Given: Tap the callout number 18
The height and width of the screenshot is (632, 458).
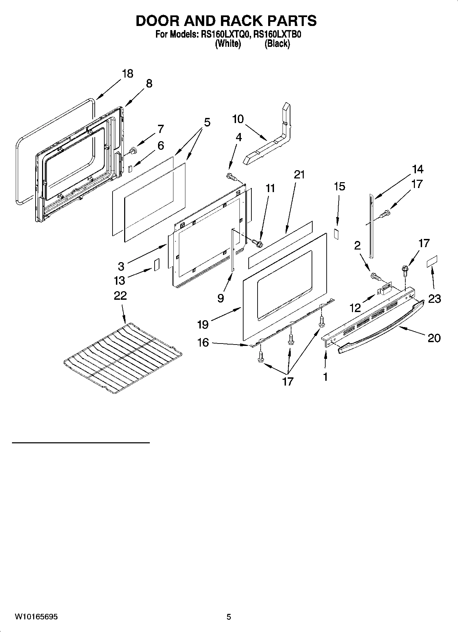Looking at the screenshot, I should click(x=127, y=73).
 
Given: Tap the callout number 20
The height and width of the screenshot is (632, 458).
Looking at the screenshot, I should click(x=434, y=338).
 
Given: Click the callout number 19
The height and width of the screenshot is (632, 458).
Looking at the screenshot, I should click(x=202, y=324).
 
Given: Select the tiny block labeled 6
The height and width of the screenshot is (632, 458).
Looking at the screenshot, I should click(x=130, y=168).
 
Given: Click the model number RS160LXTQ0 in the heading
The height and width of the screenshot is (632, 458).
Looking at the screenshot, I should click(x=224, y=35).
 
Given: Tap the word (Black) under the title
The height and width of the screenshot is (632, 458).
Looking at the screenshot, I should click(x=277, y=44).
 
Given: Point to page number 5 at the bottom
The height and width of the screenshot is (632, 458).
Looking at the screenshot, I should click(x=229, y=617).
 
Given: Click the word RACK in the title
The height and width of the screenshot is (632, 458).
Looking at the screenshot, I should click(x=241, y=21).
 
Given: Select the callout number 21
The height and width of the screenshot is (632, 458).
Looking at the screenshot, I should click(x=299, y=174).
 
